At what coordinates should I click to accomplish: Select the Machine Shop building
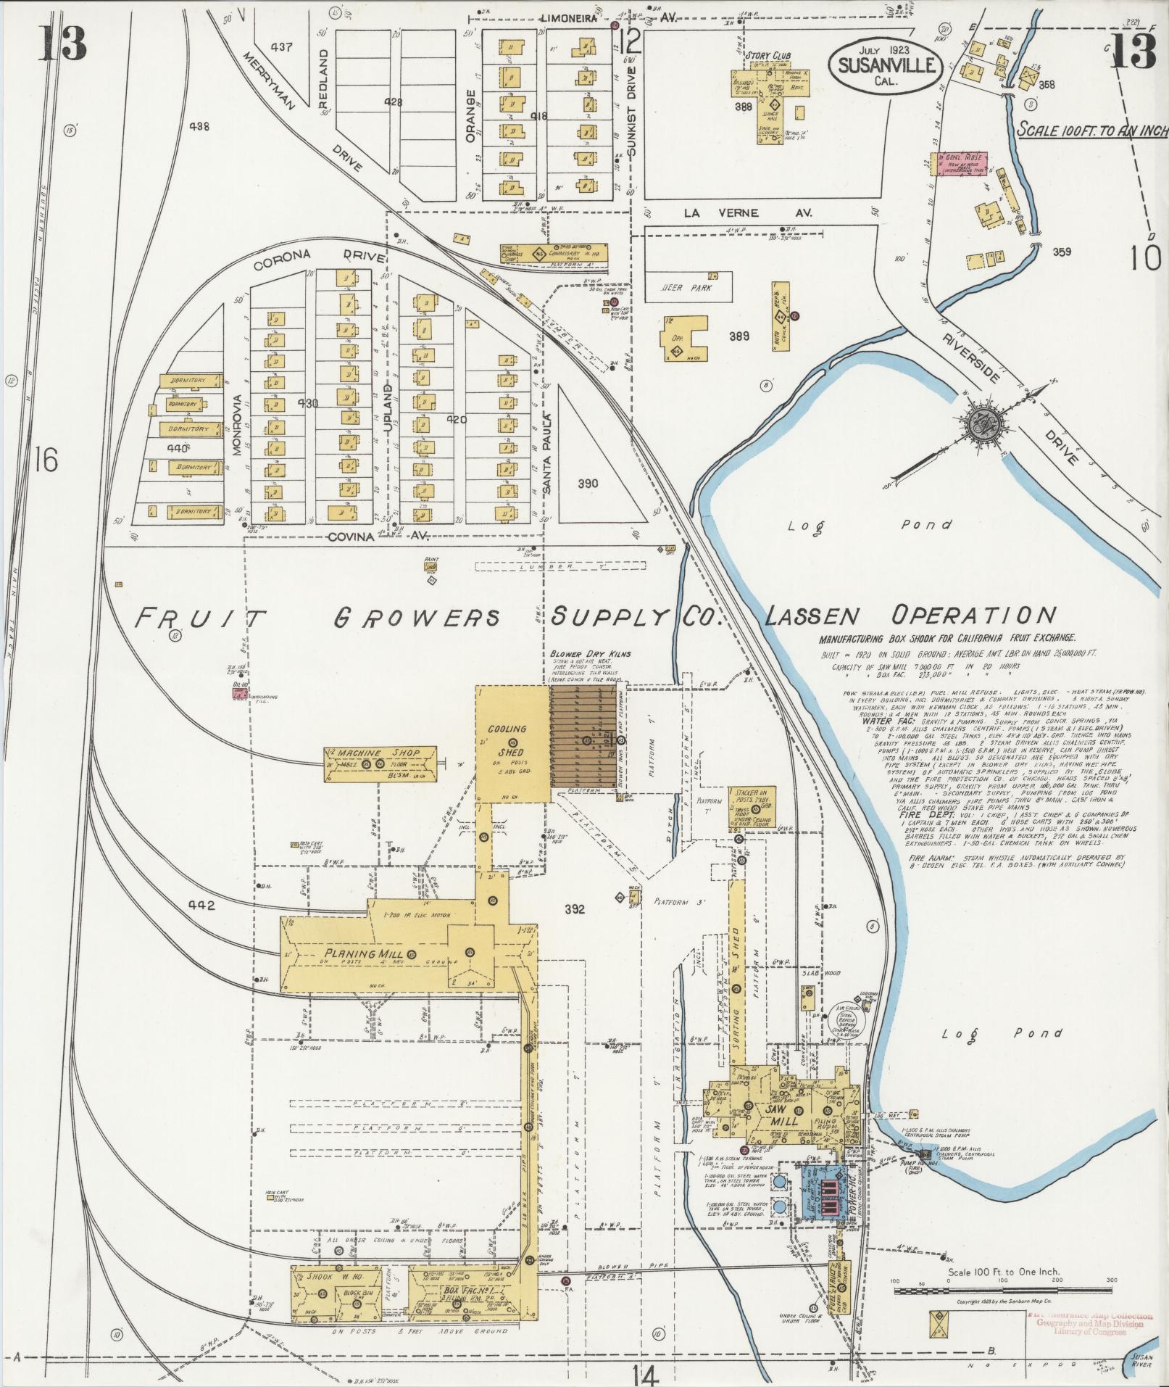380,763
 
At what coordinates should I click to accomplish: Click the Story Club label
768,56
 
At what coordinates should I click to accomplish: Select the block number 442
203,905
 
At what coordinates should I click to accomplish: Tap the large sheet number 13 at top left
62,44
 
